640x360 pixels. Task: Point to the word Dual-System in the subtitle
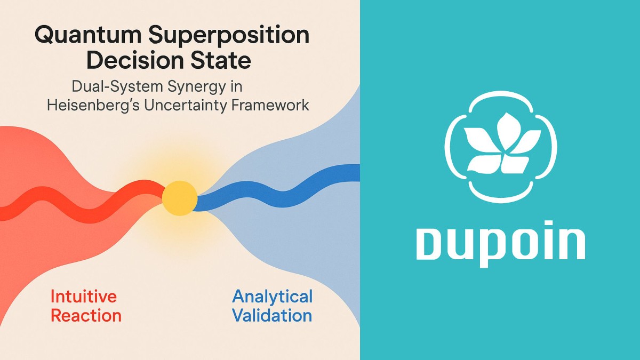pyautogui.click(x=116, y=86)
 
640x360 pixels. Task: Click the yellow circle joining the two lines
pyautogui.click(x=180, y=198)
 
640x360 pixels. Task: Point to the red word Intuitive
pyautogui.click(x=83, y=296)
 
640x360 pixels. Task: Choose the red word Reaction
pyautogui.click(x=86, y=315)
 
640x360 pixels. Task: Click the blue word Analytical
pyautogui.click(x=273, y=297)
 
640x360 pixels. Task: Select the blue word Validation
pyautogui.click(x=272, y=315)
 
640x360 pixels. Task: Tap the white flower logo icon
pyautogui.click(x=500, y=147)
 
